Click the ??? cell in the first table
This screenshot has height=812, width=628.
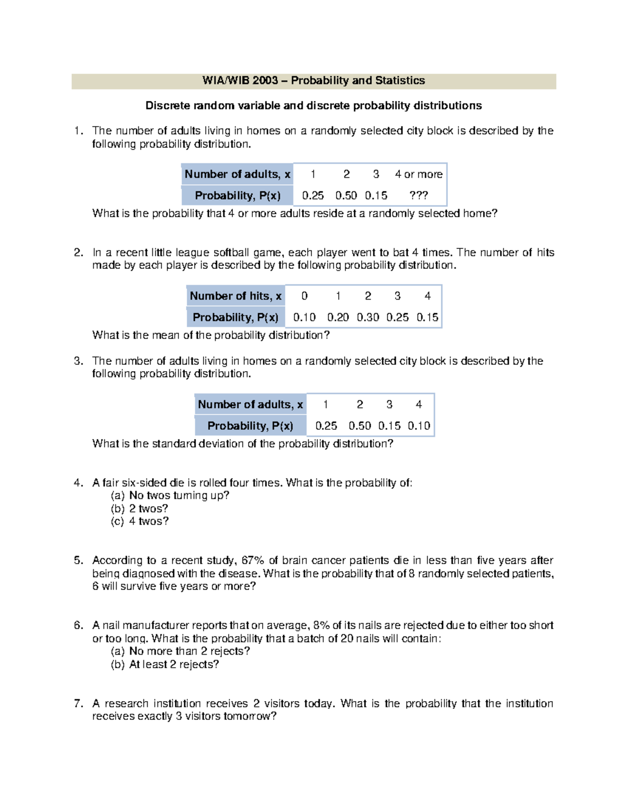point(418,196)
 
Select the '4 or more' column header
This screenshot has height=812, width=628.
point(418,174)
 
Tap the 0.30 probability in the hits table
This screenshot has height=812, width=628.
point(368,317)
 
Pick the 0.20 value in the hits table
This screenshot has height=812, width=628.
point(338,317)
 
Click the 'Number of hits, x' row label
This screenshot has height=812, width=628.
point(235,296)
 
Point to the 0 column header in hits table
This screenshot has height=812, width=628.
point(305,296)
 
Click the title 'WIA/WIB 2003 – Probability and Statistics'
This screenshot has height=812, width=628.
point(313,81)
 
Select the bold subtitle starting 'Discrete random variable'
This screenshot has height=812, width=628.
point(313,106)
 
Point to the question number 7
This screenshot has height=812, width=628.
point(78,703)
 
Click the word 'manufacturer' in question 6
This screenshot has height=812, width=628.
point(155,625)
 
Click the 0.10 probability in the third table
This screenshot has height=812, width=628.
point(419,426)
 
